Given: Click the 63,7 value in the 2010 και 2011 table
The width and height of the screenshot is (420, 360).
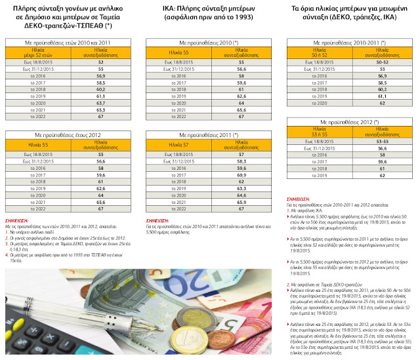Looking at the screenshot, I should click(101, 102).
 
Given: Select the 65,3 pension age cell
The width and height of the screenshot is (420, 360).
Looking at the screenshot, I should click(101, 110).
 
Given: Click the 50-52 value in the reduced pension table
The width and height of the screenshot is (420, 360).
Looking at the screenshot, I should click(381, 61).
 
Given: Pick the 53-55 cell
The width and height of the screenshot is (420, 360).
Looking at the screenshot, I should click(381, 141).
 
